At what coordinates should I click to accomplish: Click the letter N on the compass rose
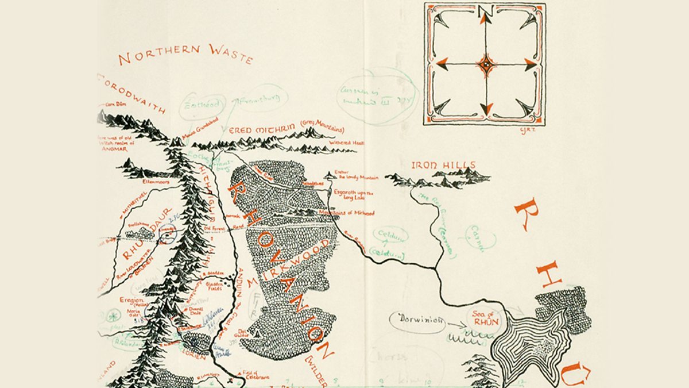[x=486, y=12]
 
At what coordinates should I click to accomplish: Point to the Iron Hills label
[x=443, y=166]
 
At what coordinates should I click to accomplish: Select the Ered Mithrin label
[x=287, y=130]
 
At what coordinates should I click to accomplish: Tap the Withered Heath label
[x=343, y=143]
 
